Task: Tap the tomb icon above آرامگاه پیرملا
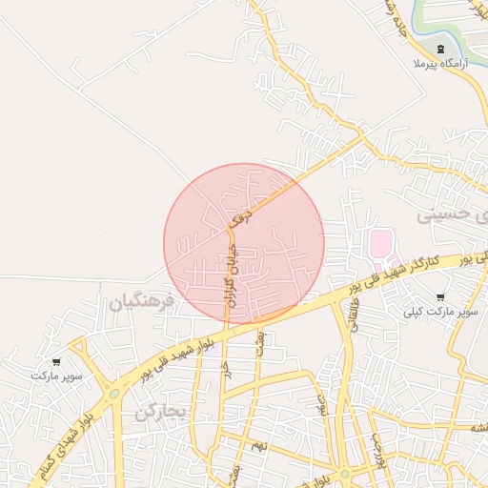(439, 49)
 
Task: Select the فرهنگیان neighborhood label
(142, 303)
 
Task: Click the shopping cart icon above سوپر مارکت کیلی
(439, 297)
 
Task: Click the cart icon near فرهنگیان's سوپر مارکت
(57, 361)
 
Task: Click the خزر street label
(226, 368)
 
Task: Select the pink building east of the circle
(381, 243)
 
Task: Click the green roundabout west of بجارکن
(114, 393)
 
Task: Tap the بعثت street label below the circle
(259, 341)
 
